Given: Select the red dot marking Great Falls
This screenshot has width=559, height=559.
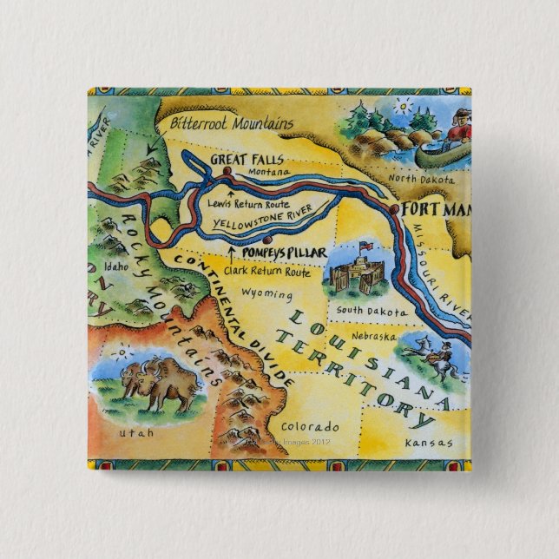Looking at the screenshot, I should pyautogui.click(x=227, y=172).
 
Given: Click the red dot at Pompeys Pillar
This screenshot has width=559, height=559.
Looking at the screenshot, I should pyautogui.click(x=267, y=239).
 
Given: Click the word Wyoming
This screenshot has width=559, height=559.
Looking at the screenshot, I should pyautogui.click(x=268, y=293).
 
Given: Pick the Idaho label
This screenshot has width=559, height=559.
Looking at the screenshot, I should pyautogui.click(x=115, y=266).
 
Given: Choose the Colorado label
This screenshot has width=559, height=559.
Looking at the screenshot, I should pyautogui.click(x=309, y=427).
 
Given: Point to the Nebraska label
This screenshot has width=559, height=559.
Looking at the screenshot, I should pyautogui.click(x=374, y=335).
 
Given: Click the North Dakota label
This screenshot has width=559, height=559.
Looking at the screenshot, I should pyautogui.click(x=421, y=179).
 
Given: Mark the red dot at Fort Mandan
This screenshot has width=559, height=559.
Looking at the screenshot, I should pyautogui.click(x=394, y=210).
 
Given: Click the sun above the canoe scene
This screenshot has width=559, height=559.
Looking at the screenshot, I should pyautogui.click(x=401, y=109).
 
